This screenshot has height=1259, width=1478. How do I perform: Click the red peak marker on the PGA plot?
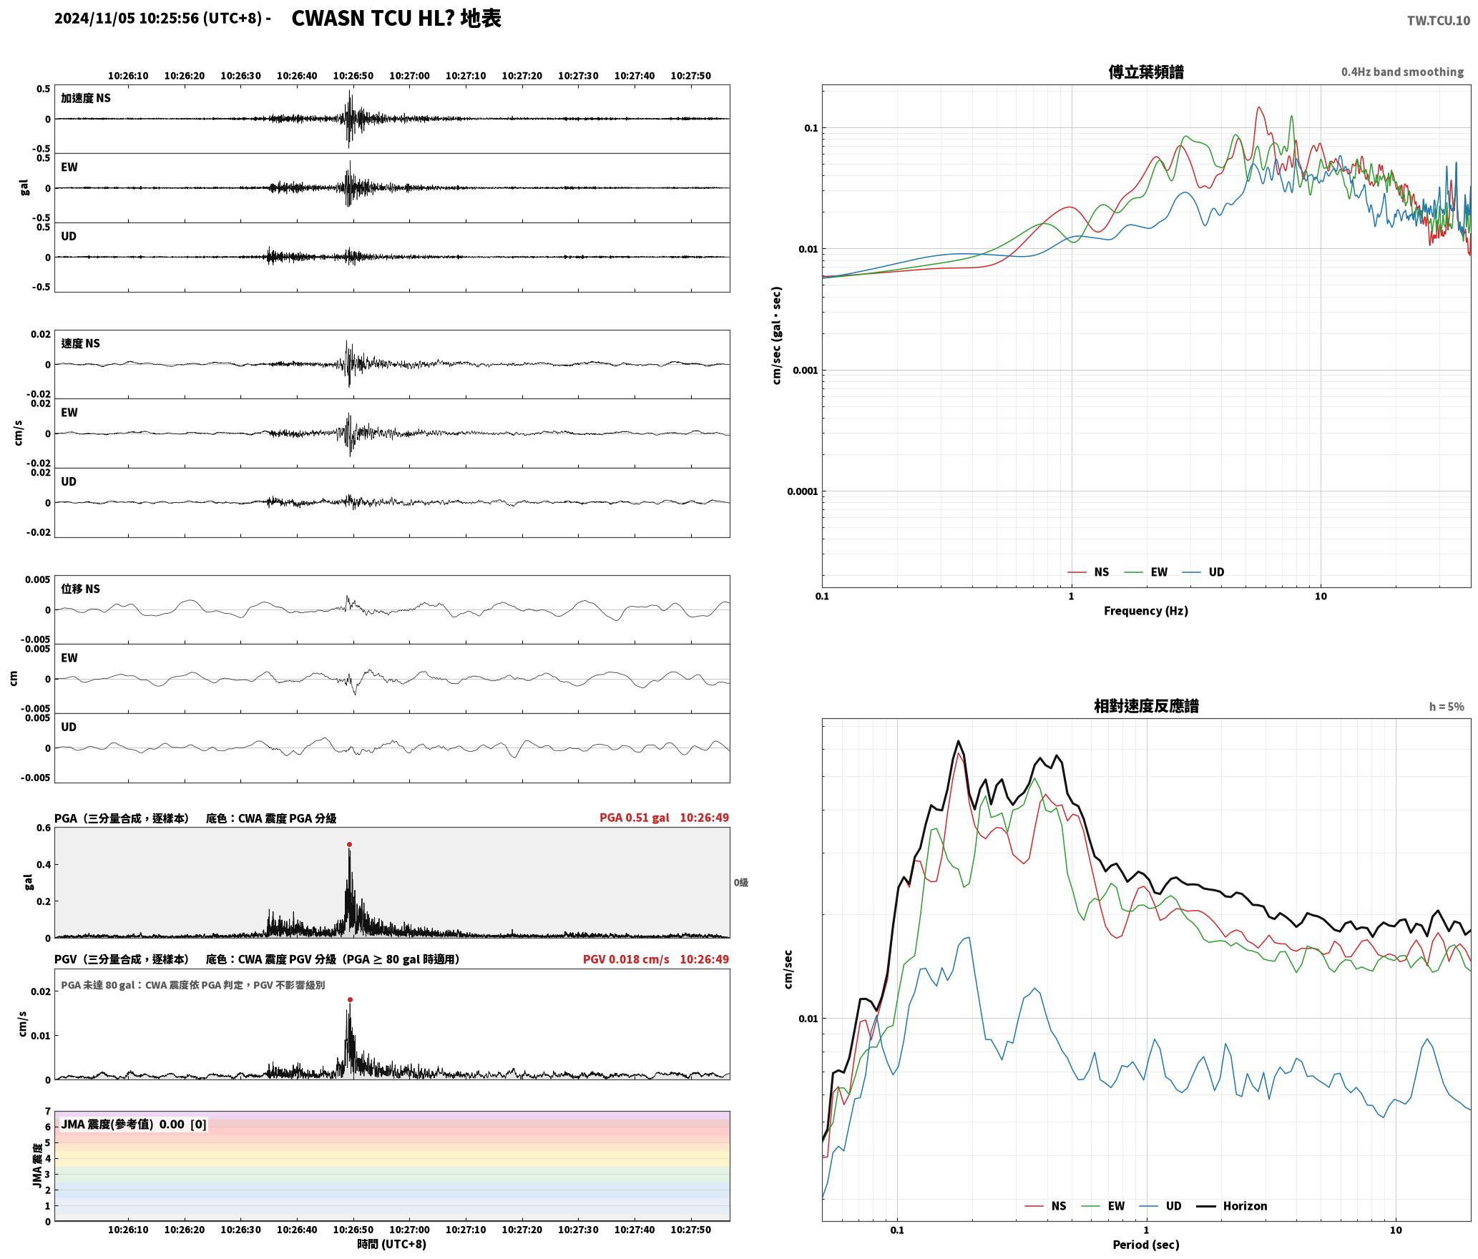pyautogui.click(x=349, y=845)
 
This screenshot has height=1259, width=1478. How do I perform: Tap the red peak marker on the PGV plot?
pyautogui.click(x=350, y=1000)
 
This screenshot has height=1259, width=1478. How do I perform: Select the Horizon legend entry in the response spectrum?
pyautogui.click(x=1232, y=1206)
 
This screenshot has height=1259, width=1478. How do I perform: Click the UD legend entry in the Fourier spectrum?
pyautogui.click(x=1203, y=572)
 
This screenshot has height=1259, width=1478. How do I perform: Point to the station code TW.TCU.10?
pyautogui.click(x=1439, y=21)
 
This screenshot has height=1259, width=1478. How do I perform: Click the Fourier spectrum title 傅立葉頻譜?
pyautogui.click(x=1146, y=72)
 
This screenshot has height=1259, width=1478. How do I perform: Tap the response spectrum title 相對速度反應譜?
pyautogui.click(x=1146, y=706)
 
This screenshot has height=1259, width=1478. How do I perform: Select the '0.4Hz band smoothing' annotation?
pyautogui.click(x=1402, y=72)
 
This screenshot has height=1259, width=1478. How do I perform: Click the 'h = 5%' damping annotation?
pyautogui.click(x=1447, y=707)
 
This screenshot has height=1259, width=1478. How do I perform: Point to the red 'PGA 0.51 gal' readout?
pyautogui.click(x=635, y=818)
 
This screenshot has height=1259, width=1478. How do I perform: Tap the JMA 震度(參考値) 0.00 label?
pyautogui.click(x=134, y=1125)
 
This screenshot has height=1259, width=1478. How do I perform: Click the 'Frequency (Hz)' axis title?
pyautogui.click(x=1146, y=611)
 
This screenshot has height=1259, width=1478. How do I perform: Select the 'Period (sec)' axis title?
pyautogui.click(x=1146, y=1245)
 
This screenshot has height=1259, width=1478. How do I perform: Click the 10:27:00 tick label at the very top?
pyautogui.click(x=409, y=76)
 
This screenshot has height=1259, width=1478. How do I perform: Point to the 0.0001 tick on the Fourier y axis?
pyautogui.click(x=802, y=491)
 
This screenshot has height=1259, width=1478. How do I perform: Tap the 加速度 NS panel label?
pyautogui.click(x=86, y=98)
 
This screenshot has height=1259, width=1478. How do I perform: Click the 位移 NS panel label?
pyautogui.click(x=80, y=589)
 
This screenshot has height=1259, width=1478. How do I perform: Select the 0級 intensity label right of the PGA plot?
pyautogui.click(x=740, y=883)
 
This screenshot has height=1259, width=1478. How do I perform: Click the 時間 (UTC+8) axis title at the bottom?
pyautogui.click(x=392, y=1244)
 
